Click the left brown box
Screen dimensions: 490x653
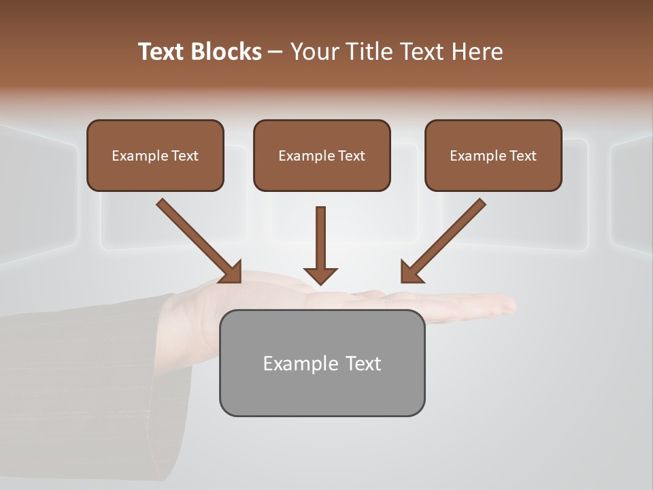pos(155,155)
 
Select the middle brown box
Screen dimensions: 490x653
pos(322,155)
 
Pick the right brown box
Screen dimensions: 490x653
pos(493,155)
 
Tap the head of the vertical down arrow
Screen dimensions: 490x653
pos(320,276)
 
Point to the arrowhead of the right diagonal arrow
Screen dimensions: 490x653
pos(410,273)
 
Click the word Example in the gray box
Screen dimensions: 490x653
pos(291,363)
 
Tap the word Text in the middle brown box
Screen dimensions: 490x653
pos(351,156)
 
